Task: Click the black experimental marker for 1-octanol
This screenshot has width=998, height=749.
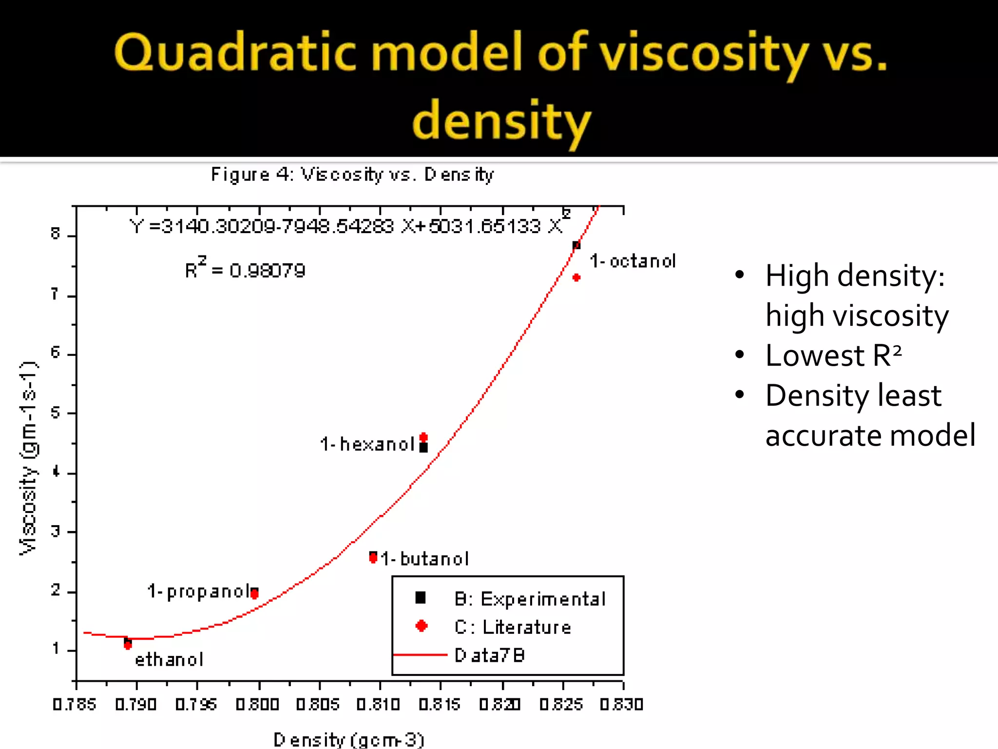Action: pyautogui.click(x=576, y=245)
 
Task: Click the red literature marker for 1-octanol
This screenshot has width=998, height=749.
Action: pyautogui.click(x=576, y=277)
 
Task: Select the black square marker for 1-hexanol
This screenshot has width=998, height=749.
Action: pyautogui.click(x=423, y=448)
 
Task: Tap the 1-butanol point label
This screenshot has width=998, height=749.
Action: pyautogui.click(x=424, y=559)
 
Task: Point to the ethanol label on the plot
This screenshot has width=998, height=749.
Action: pyautogui.click(x=169, y=660)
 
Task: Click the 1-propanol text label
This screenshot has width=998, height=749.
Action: pyautogui.click(x=199, y=591)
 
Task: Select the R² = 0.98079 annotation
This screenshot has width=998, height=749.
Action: pyautogui.click(x=245, y=269)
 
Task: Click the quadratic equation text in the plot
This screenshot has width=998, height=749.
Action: pyautogui.click(x=347, y=226)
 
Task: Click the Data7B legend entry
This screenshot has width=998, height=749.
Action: pyautogui.click(x=489, y=655)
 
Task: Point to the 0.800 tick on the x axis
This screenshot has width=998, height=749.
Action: pyautogui.click(x=258, y=705)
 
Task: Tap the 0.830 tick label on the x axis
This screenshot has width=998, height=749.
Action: pyautogui.click(x=622, y=705)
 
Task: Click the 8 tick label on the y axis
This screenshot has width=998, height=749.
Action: pyautogui.click(x=56, y=235)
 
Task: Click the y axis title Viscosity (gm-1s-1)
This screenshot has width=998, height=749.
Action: pyautogui.click(x=28, y=458)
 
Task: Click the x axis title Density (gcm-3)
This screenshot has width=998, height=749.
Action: pyautogui.click(x=349, y=739)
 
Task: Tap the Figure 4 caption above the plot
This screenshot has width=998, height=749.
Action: pyautogui.click(x=352, y=175)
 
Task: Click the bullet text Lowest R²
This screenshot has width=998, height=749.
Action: pyautogui.click(x=833, y=355)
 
